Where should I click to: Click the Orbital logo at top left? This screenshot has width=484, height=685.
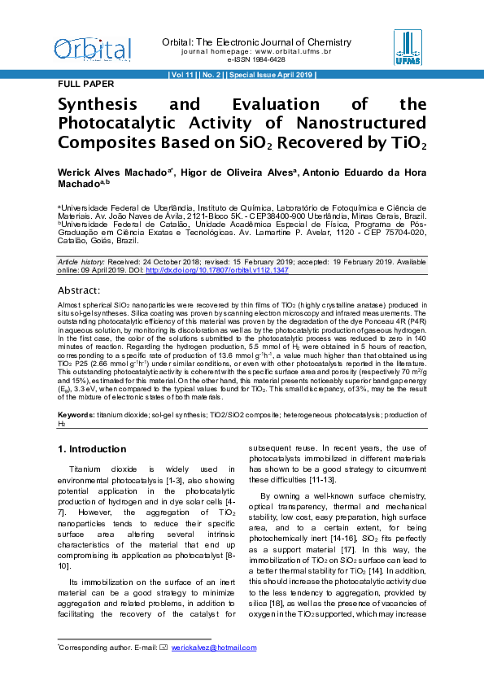click(x=92, y=48)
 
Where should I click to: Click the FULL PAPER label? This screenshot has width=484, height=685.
click(x=85, y=84)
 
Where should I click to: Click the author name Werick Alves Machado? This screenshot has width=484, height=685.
click(x=112, y=173)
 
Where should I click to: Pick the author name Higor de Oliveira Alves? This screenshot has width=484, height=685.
click(x=239, y=173)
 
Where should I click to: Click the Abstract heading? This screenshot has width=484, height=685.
click(x=79, y=290)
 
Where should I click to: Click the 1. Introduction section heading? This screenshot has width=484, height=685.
click(x=92, y=449)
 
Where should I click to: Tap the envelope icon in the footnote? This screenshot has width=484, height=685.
click(x=164, y=648)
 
